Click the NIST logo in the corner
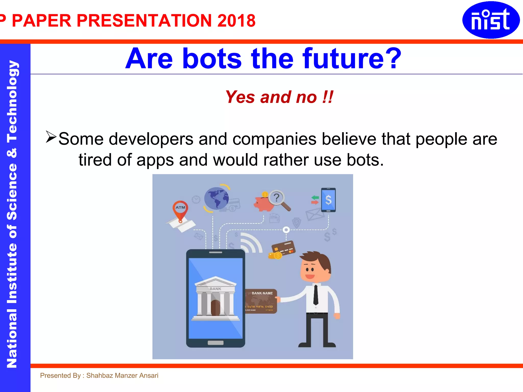(491, 20)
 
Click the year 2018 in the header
(236, 20)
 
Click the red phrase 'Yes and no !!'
(279, 97)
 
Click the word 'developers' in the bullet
(151, 139)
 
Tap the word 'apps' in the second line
(155, 160)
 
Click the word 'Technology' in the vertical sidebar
(12, 102)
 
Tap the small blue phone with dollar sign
(328, 200)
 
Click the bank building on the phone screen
(216, 299)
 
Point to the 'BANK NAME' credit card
(261, 301)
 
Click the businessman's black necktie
(316, 295)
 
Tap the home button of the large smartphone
(216, 342)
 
